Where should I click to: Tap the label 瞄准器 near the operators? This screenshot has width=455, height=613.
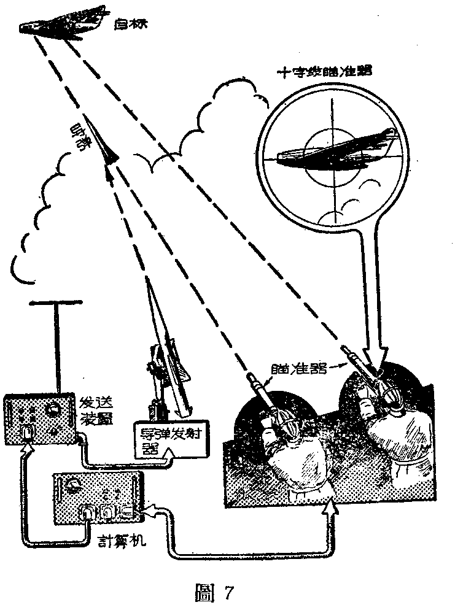click(293, 368)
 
